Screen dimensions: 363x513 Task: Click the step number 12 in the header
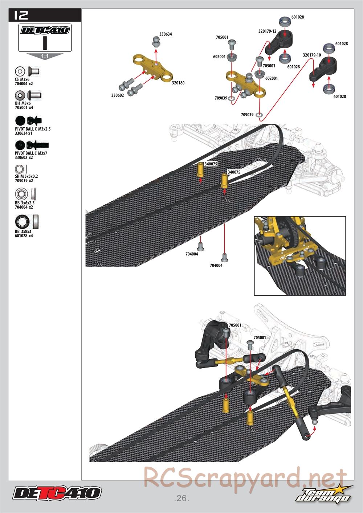click(21, 15)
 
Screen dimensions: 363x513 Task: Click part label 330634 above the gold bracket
click(166, 34)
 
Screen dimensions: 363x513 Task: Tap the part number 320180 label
click(178, 83)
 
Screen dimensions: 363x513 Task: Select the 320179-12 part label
click(267, 31)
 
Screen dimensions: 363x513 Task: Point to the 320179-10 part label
click(312, 55)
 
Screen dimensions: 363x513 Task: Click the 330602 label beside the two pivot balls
click(117, 95)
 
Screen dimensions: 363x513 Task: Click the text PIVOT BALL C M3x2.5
click(33, 129)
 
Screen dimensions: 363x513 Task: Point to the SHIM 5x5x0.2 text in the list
click(26, 176)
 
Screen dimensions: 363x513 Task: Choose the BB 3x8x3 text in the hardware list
click(23, 231)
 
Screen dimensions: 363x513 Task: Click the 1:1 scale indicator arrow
click(45, 56)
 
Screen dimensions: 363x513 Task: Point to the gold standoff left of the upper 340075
click(200, 170)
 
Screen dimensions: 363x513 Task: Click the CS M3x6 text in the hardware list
click(22, 79)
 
